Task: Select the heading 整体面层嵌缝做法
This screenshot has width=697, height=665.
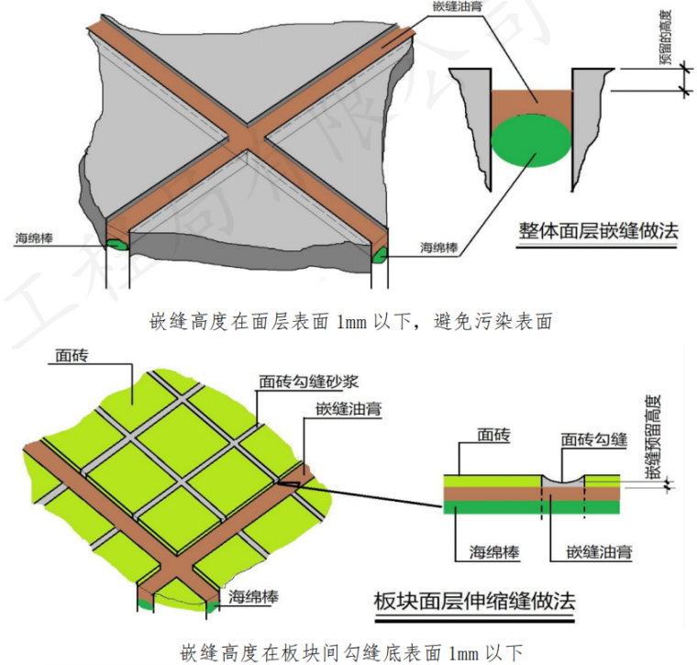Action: pyautogui.click(x=598, y=230)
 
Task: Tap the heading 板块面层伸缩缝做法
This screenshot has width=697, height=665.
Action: pyautogui.click(x=475, y=602)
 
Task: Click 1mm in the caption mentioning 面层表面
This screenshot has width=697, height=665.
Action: pyautogui.click(x=348, y=320)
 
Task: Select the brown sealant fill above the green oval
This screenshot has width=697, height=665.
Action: pyautogui.click(x=532, y=101)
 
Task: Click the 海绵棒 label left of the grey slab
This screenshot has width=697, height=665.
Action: pyautogui.click(x=36, y=241)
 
